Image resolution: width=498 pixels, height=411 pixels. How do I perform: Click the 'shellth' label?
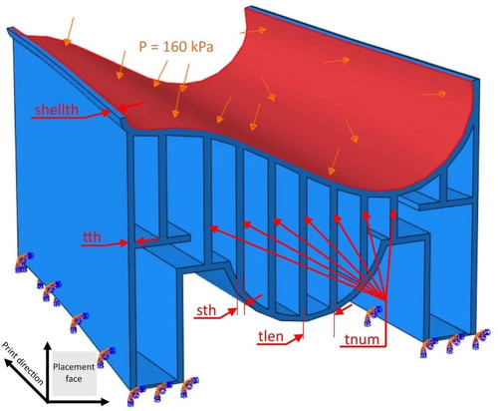57,110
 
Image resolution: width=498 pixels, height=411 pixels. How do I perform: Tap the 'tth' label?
92,237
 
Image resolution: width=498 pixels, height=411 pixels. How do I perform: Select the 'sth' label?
206,310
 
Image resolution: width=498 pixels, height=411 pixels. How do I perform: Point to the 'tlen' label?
271,336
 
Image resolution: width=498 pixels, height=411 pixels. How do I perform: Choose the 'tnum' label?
362,339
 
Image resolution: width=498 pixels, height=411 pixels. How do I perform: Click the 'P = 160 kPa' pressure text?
176,47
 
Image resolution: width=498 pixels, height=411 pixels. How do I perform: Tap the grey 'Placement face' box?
74,373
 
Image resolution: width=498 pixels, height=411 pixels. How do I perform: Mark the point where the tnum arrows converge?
385,297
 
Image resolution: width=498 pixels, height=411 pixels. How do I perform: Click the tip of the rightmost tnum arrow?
393,209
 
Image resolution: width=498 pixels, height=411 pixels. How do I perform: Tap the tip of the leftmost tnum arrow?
210,226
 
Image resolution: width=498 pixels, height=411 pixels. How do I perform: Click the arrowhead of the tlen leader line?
302,336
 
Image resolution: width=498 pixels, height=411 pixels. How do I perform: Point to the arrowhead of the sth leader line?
236,310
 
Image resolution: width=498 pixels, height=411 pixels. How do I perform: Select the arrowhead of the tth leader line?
127,243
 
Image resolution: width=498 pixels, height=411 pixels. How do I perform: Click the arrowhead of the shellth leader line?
110,112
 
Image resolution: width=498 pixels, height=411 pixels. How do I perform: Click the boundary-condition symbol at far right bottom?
479,338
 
